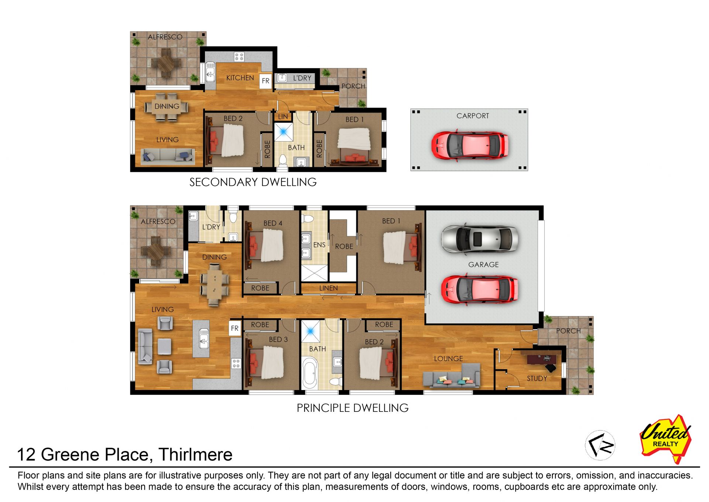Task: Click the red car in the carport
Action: pyautogui.click(x=470, y=145)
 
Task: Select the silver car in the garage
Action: pyautogui.click(x=480, y=239)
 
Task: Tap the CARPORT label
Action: pyautogui.click(x=473, y=116)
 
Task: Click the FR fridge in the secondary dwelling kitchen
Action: pyautogui.click(x=266, y=81)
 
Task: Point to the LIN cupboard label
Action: pyautogui.click(x=283, y=116)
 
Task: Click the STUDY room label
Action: pyautogui.click(x=537, y=378)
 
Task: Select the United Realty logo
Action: pyautogui.click(x=665, y=439)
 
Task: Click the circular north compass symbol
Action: pyautogui.click(x=600, y=445)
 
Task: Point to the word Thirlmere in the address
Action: pyautogui.click(x=195, y=454)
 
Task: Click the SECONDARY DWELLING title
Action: pyautogui.click(x=253, y=182)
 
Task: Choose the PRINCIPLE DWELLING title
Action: pyautogui.click(x=353, y=408)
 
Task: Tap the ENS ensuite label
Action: pyautogui.click(x=319, y=245)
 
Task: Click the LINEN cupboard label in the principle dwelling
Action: pyautogui.click(x=328, y=288)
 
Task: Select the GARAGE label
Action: pyautogui.click(x=483, y=264)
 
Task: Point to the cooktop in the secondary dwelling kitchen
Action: pyautogui.click(x=239, y=57)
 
